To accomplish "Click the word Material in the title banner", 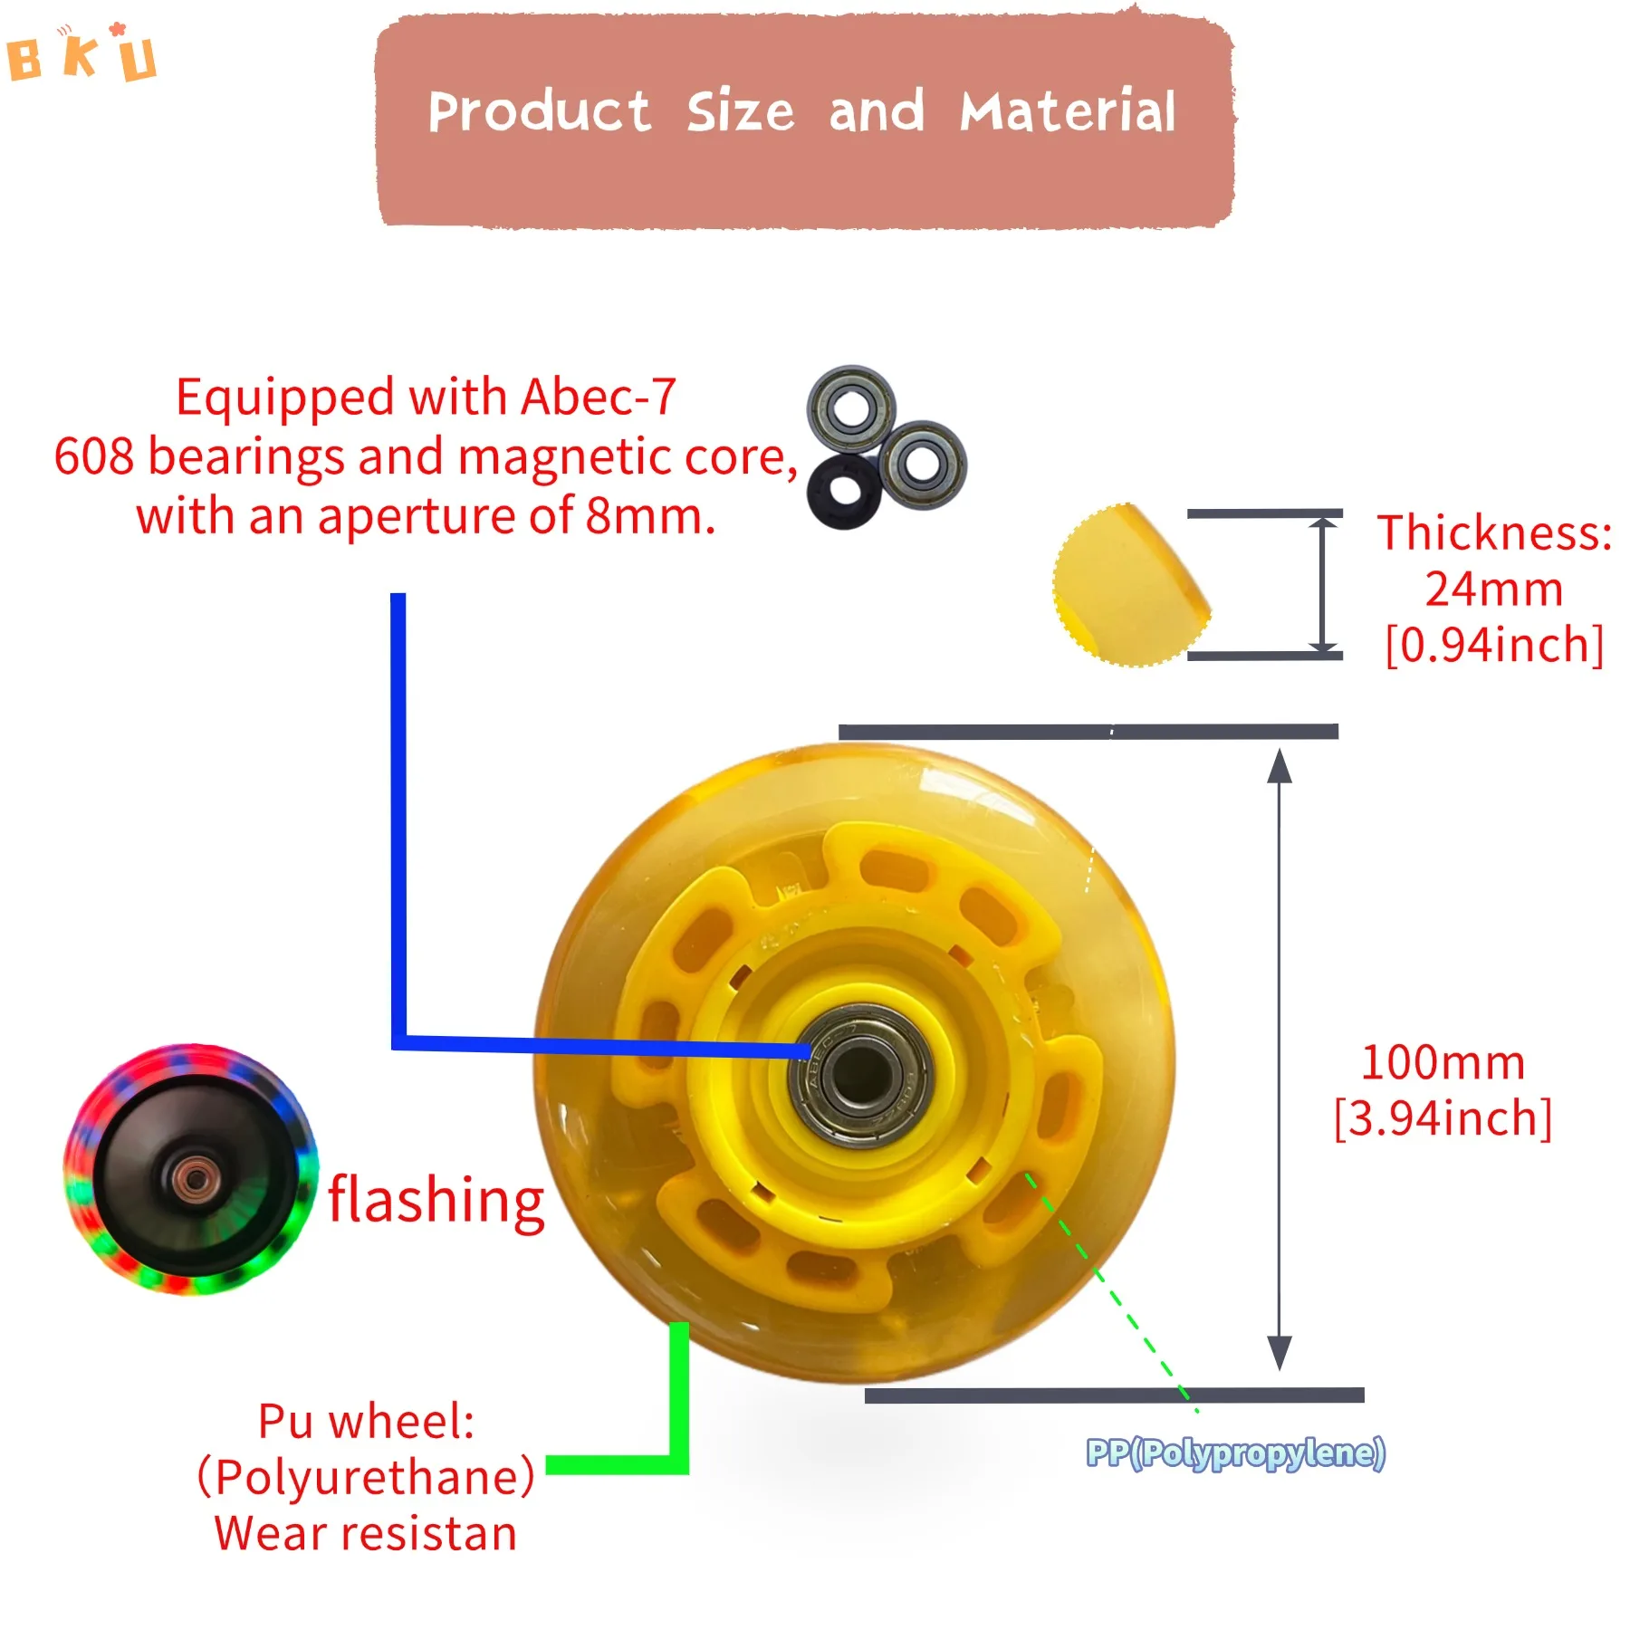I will [1068, 112].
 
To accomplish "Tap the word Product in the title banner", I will [539, 112].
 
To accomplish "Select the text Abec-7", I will [599, 397].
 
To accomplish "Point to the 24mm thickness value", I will [1494, 590].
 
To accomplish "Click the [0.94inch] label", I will [1494, 646].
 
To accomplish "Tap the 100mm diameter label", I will [1443, 1062].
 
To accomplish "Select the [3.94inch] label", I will [1443, 1118].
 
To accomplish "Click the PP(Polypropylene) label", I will [1235, 1453].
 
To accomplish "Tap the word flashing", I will [436, 1200].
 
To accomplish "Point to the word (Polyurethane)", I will [366, 1477].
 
